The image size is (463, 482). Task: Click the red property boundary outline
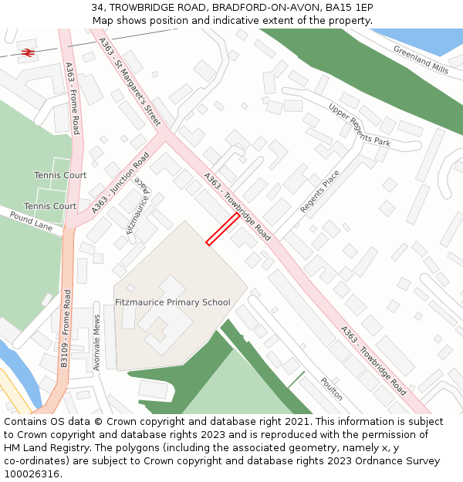tap(222, 229)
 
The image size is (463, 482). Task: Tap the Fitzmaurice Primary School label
tap(173, 302)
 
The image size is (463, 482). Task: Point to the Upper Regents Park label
tap(359, 125)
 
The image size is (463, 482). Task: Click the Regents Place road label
tap(319, 192)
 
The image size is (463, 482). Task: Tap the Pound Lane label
tap(32, 224)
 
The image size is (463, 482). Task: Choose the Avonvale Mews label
tap(97, 342)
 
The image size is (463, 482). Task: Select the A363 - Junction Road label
tap(120, 183)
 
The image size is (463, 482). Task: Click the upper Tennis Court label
tap(60, 176)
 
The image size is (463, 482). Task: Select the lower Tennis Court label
tap(50, 207)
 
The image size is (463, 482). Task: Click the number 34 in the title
tap(98, 7)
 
